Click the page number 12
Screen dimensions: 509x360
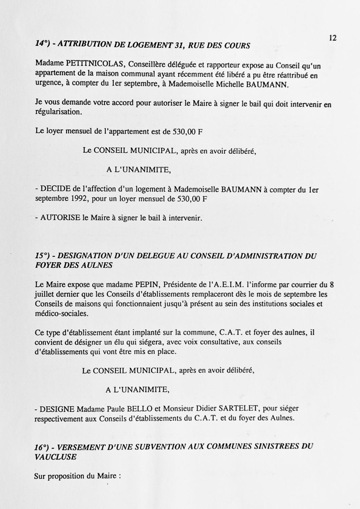tap(333, 38)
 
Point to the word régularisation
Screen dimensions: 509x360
tap(58, 112)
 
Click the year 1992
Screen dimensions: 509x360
tap(80, 199)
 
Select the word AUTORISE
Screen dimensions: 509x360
tap(60, 218)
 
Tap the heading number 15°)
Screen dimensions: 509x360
tap(43, 256)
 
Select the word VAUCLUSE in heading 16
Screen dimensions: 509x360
tap(55, 457)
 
